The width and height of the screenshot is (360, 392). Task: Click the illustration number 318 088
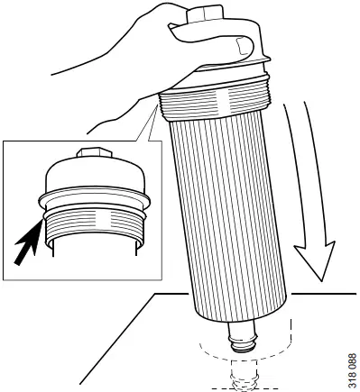pos(352,371)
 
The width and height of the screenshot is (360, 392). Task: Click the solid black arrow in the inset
pos(28,242)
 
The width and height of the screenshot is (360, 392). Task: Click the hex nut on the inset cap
pos(94,152)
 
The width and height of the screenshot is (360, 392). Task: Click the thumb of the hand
pos(214,42)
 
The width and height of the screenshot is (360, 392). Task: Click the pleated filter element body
pos(228,216)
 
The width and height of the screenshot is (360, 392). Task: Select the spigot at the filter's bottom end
pos(244,336)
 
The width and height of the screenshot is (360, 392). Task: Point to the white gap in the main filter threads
pos(223,99)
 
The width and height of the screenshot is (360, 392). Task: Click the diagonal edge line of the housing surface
pos(117,339)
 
